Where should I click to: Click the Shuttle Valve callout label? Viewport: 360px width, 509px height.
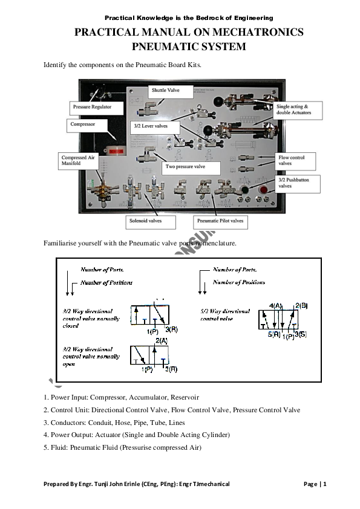[165, 91]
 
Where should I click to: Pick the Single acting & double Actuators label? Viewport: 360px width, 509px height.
[298, 109]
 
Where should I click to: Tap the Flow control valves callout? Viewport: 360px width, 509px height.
[296, 160]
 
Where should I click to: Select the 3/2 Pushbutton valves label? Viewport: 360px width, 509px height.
[297, 183]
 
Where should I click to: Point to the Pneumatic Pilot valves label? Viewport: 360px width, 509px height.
[220, 221]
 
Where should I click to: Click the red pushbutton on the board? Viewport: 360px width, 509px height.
[263, 191]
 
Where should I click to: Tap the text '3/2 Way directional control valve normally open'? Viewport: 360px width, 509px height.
[91, 357]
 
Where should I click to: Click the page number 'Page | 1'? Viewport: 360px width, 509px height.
[315, 484]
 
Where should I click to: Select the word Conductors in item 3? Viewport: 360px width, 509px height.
[67, 423]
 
